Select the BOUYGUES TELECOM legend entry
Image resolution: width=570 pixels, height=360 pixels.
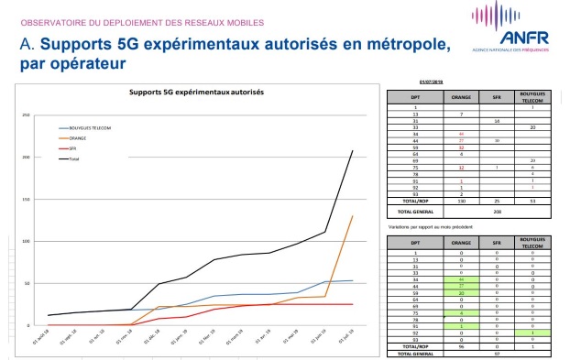click(x=89, y=127)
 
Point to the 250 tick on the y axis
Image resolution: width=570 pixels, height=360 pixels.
click(x=27, y=115)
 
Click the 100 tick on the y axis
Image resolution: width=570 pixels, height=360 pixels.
click(x=27, y=242)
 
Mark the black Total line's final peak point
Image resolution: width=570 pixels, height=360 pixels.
click(x=352, y=150)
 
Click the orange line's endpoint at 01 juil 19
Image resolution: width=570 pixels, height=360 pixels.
click(x=352, y=216)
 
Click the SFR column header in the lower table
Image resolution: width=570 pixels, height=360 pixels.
click(x=495, y=242)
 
